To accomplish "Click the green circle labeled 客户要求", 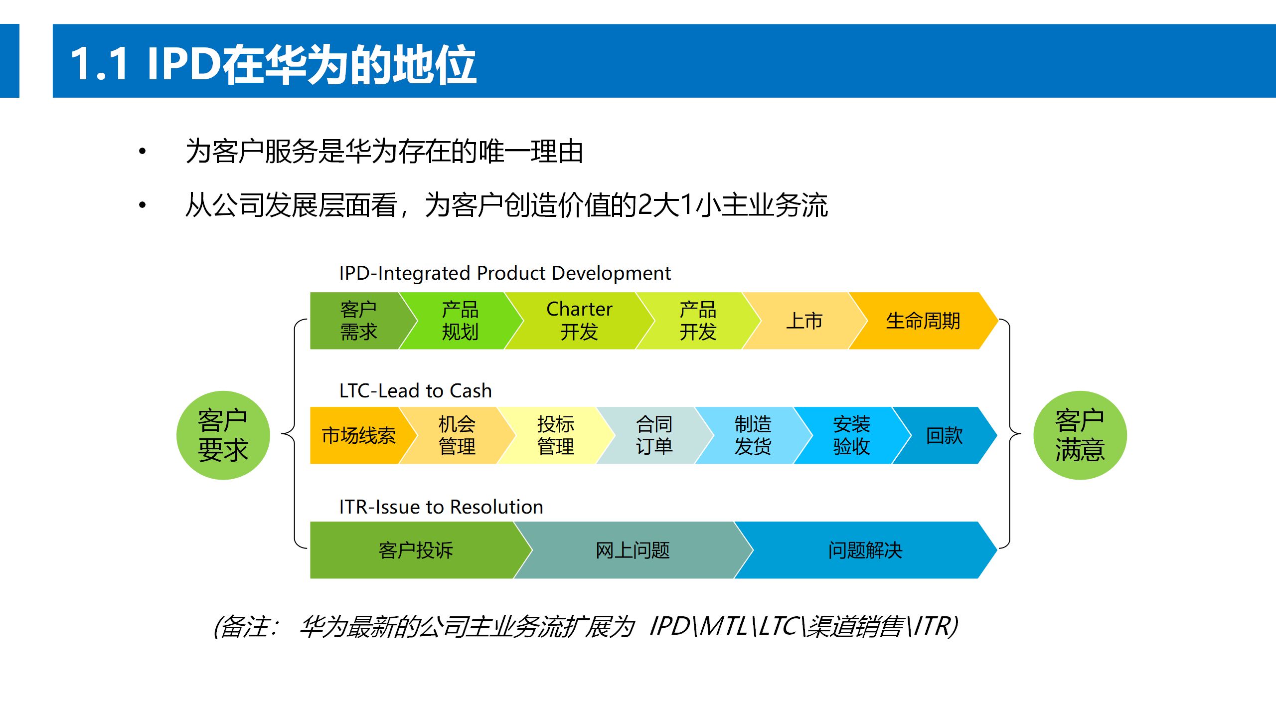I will [x=223, y=435].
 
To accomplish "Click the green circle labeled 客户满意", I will [x=1080, y=435].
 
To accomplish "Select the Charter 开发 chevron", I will [x=579, y=321].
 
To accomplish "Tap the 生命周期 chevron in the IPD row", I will [x=923, y=321].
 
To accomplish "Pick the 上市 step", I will [x=803, y=321].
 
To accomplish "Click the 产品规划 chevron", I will [x=460, y=321].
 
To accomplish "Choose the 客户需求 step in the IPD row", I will [x=358, y=321].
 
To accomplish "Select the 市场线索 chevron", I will [x=358, y=435].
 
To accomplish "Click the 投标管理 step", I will [x=555, y=435].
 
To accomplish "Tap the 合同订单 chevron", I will [x=654, y=435].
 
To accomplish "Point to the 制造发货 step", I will [x=753, y=435].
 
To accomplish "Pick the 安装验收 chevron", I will [x=851, y=435].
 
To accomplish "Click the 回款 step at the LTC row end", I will [x=944, y=435].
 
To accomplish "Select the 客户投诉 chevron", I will [x=415, y=550].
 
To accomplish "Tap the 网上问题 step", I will [x=632, y=550].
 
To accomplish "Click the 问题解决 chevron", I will [x=865, y=550].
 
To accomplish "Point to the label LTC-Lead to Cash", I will [x=415, y=391].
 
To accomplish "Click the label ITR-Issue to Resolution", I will [x=441, y=507].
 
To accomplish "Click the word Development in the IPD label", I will [x=611, y=273].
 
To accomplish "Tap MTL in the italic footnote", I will [x=723, y=626].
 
